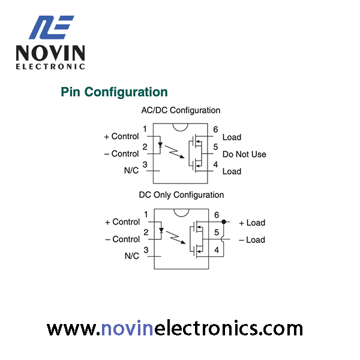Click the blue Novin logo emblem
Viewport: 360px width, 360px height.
(x=51, y=27)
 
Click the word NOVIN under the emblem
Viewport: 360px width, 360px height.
(x=50, y=53)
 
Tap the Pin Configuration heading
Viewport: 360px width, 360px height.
(x=114, y=92)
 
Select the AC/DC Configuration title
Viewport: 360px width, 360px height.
(x=181, y=110)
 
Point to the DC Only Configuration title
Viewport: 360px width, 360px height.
(x=181, y=195)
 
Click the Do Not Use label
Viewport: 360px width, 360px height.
(x=244, y=154)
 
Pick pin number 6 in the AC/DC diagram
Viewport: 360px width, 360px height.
(x=215, y=129)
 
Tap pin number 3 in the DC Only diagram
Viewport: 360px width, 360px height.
(x=146, y=250)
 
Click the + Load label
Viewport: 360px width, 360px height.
(x=252, y=223)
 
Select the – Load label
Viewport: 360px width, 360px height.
(x=252, y=240)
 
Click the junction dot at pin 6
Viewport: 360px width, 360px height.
(x=224, y=222)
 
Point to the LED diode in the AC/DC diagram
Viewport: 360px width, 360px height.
(x=160, y=145)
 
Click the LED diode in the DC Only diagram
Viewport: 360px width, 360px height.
(x=161, y=230)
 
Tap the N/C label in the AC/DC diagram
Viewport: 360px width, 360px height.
(x=131, y=170)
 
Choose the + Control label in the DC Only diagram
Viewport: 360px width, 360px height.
(x=122, y=222)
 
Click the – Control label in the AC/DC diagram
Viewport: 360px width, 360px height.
(x=121, y=154)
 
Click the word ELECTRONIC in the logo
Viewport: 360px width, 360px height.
(x=50, y=67)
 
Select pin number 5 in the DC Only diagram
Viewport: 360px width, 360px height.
(x=216, y=232)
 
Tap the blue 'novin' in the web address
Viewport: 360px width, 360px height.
(x=127, y=329)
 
